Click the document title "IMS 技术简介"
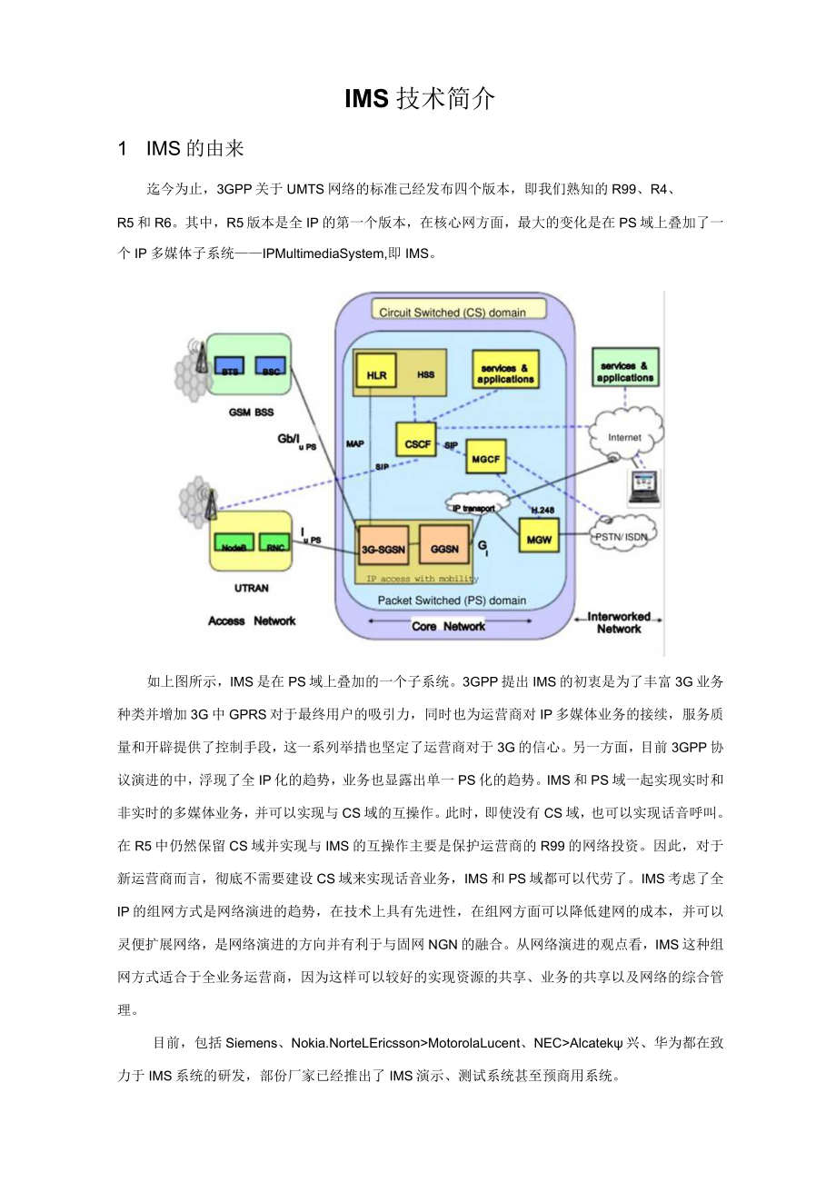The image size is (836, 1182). tap(419, 99)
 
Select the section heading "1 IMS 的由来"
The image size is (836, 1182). tap(181, 148)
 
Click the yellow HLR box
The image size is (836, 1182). tap(376, 372)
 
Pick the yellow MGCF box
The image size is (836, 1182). tap(486, 459)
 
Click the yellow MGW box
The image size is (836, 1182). tap(538, 538)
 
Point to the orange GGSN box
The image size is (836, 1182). tap(444, 549)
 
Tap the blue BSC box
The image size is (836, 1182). tap(269, 370)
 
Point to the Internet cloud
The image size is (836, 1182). tap(625, 438)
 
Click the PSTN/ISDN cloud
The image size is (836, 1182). tap(622, 536)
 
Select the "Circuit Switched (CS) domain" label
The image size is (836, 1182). tap(452, 312)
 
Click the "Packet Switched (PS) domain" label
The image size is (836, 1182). tap(452, 601)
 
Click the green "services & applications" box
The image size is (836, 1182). tap(625, 371)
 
